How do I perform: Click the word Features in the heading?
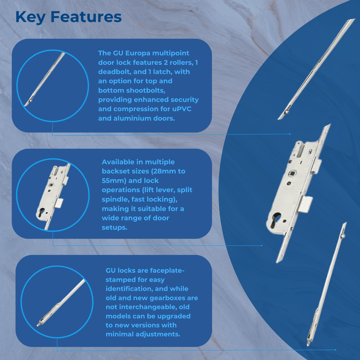(x=85, y=17)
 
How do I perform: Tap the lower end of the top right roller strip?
(x=281, y=117)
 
